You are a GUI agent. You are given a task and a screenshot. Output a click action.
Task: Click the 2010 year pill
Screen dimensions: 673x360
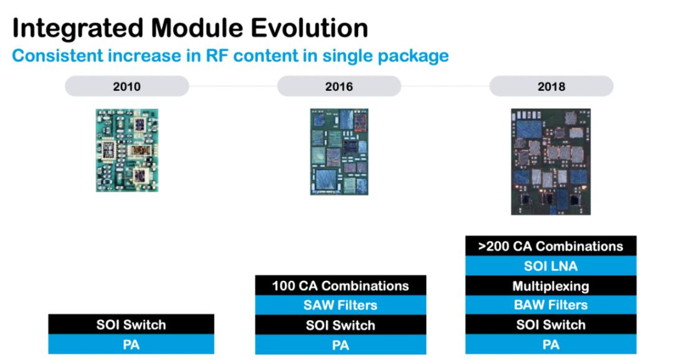(126, 86)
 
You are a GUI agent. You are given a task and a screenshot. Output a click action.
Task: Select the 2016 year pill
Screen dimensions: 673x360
(339, 86)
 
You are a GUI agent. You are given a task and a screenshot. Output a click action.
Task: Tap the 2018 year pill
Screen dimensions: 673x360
(551, 86)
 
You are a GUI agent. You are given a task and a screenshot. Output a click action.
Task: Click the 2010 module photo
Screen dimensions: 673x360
(127, 150)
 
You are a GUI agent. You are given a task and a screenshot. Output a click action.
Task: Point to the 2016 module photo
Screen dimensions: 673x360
(339, 152)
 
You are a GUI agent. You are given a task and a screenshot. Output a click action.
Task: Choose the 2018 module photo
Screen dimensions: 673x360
(551, 162)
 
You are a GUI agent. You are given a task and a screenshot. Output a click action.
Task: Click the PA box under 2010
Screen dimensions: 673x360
(131, 344)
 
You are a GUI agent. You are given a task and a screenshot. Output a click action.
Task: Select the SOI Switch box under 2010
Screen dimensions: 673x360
(131, 324)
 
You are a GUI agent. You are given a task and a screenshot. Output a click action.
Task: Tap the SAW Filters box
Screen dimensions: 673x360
(340, 305)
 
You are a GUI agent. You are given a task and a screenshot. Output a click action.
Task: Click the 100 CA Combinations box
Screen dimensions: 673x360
(340, 285)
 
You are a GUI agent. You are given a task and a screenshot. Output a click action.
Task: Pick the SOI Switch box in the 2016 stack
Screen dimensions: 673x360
(340, 325)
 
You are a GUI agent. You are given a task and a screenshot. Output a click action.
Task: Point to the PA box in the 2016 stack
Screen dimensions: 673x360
(340, 344)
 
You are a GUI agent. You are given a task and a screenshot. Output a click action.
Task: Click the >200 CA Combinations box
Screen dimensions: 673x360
(551, 246)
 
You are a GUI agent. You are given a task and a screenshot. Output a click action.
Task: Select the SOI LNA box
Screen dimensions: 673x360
(551, 266)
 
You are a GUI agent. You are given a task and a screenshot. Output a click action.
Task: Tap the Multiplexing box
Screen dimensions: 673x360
(551, 286)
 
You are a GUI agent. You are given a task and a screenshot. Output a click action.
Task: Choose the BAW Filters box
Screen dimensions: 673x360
(551, 305)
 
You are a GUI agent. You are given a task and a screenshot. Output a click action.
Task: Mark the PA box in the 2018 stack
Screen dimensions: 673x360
(551, 344)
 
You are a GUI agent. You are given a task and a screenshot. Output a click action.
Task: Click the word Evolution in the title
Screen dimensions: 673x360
(309, 28)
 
